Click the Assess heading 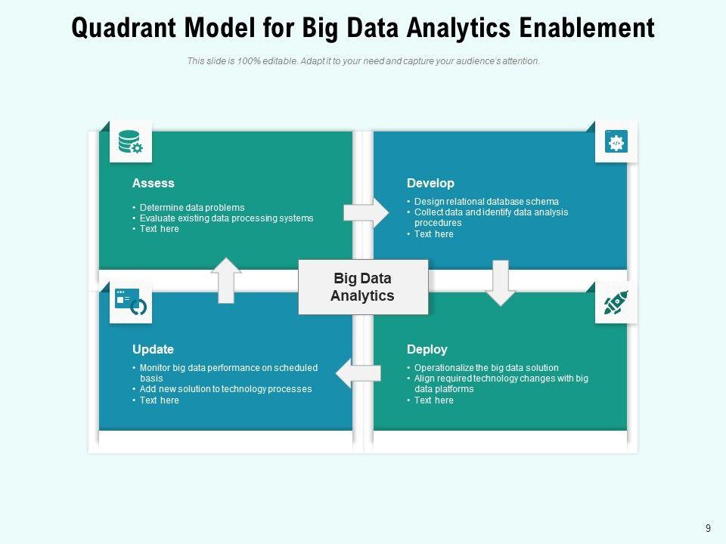pyautogui.click(x=153, y=183)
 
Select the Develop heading pyautogui.click(x=430, y=183)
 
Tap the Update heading pyautogui.click(x=153, y=349)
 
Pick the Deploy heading pyautogui.click(x=427, y=349)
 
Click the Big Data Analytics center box pyautogui.click(x=363, y=287)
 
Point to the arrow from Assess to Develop pyautogui.click(x=366, y=213)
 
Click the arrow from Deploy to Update pyautogui.click(x=358, y=373)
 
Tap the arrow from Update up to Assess pyautogui.click(x=226, y=280)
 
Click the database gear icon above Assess pyautogui.click(x=130, y=142)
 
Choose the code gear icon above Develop pyautogui.click(x=616, y=142)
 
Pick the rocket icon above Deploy pyautogui.click(x=616, y=303)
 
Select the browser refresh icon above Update pyautogui.click(x=131, y=301)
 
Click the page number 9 pyautogui.click(x=708, y=529)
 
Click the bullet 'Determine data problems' pyautogui.click(x=192, y=208)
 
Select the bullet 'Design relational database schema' pyautogui.click(x=486, y=202)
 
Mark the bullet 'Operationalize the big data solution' pyautogui.click(x=486, y=368)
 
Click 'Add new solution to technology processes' pyautogui.click(x=225, y=389)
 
